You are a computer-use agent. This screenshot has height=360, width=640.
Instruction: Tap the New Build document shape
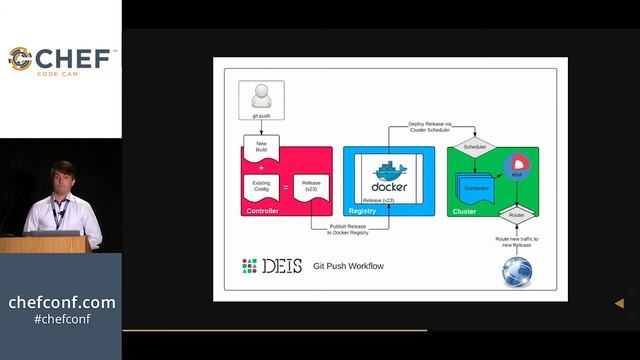click(x=262, y=148)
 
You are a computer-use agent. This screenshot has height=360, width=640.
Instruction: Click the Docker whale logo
click(x=390, y=174)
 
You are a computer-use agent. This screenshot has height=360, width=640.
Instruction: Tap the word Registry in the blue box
click(x=362, y=211)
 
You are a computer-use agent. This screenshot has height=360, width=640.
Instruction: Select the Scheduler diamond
click(x=475, y=147)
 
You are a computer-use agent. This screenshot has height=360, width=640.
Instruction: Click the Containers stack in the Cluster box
click(x=474, y=186)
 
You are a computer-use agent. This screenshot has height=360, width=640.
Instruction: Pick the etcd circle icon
click(x=518, y=167)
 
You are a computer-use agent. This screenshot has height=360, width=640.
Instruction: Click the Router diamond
click(x=516, y=215)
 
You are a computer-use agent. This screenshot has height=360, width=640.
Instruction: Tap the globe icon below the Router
click(x=517, y=271)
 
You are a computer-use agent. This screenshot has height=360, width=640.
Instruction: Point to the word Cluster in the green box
click(x=464, y=211)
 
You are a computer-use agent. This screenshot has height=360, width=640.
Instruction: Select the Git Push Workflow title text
click(x=348, y=266)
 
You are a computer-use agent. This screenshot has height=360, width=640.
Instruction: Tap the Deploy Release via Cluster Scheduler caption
click(x=430, y=127)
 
